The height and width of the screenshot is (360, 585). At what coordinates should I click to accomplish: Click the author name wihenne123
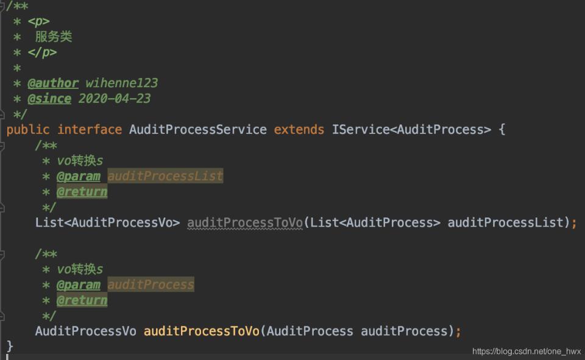click(122, 83)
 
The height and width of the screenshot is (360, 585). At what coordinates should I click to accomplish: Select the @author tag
click(53, 83)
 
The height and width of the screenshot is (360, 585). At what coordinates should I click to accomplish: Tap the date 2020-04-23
click(115, 99)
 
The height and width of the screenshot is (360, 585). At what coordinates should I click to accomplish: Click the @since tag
click(49, 99)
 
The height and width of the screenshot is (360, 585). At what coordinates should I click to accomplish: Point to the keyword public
click(28, 130)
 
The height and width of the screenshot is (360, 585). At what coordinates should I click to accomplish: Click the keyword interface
click(90, 130)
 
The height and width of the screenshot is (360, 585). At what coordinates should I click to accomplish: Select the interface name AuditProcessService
click(198, 130)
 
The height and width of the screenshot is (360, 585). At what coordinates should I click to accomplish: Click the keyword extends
click(299, 130)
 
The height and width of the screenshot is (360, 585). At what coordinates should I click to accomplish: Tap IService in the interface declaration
click(361, 130)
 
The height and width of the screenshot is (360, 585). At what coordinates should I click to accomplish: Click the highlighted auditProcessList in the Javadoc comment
click(165, 175)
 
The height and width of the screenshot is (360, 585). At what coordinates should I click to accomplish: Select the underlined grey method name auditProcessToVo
click(245, 223)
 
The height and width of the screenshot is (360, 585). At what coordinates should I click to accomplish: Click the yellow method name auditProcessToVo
click(202, 331)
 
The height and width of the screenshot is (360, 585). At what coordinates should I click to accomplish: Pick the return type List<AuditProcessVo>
click(107, 223)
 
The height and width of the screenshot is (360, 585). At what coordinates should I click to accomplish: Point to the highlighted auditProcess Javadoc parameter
click(151, 284)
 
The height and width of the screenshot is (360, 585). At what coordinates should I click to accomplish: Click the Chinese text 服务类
click(54, 37)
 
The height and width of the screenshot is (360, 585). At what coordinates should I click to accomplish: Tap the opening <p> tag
click(38, 21)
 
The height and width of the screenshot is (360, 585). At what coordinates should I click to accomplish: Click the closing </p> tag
click(42, 52)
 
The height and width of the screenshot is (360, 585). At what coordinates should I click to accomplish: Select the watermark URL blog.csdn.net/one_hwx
click(526, 351)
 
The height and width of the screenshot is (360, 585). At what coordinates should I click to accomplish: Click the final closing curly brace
click(10, 346)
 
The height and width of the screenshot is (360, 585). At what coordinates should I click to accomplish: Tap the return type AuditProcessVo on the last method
click(86, 331)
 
